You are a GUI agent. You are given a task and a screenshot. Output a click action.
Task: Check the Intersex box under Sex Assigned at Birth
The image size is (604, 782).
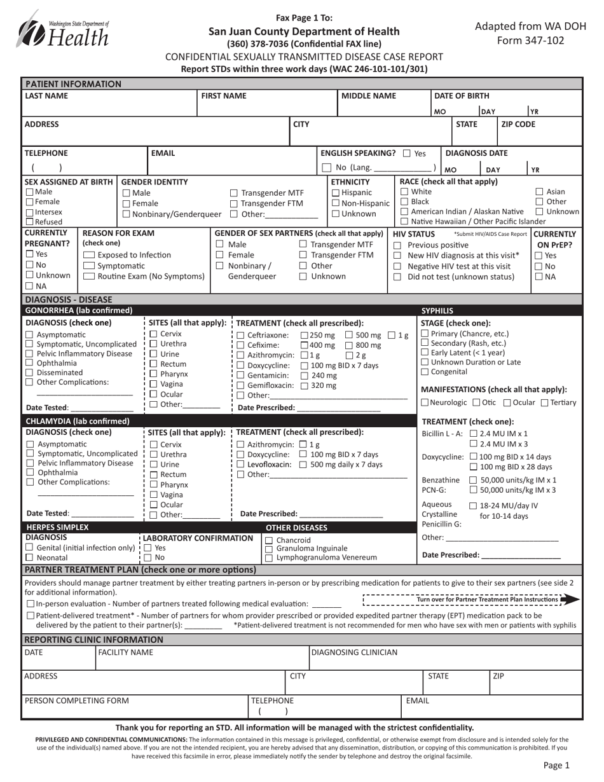[29, 212]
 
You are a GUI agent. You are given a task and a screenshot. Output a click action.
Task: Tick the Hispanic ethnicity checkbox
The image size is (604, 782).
[336, 193]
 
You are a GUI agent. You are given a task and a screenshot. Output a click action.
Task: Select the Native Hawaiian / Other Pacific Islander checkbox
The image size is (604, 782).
[404, 221]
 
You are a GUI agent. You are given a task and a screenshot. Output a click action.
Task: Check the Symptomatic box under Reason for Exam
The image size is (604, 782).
[89, 266]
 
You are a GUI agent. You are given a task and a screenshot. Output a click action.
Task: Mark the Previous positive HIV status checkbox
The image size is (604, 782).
[397, 245]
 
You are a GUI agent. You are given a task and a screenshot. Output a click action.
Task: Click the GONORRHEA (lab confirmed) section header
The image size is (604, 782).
[78, 310]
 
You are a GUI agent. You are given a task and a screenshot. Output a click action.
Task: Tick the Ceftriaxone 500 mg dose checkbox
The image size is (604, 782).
[349, 335]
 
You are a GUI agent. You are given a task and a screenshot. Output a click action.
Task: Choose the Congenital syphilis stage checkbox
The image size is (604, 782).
[425, 372]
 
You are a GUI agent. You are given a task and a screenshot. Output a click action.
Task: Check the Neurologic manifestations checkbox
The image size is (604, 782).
[425, 402]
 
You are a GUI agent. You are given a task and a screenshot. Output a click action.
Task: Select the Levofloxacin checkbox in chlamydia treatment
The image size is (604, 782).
[240, 465]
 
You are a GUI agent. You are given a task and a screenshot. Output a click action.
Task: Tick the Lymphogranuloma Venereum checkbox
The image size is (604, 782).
[268, 558]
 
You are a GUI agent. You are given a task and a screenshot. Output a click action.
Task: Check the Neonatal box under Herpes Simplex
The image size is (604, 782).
[29, 558]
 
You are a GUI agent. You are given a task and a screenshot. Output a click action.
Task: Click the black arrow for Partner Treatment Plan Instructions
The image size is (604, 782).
[571, 599]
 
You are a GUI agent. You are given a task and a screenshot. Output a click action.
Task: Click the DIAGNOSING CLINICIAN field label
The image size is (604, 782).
[354, 652]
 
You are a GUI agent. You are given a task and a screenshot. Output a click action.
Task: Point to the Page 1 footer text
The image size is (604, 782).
[556, 766]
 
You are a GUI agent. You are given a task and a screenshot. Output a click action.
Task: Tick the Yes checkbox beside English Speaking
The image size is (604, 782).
[407, 153]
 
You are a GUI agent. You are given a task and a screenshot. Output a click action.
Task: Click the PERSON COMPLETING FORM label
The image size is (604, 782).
[76, 701]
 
